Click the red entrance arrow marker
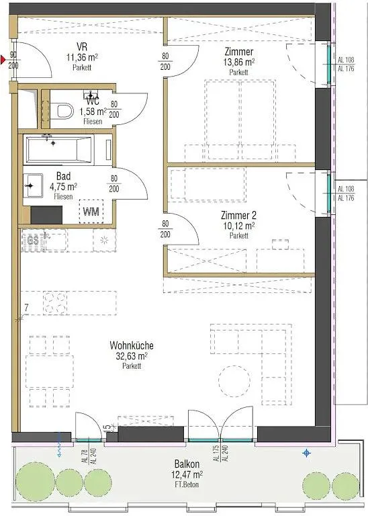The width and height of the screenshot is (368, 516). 4,60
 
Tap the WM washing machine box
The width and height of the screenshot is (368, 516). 91,212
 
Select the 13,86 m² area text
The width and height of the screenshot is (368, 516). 239,62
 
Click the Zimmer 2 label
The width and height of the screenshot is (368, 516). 239,216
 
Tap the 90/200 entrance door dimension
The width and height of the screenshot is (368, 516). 13,60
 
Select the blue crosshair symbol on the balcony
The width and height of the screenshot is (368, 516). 307,453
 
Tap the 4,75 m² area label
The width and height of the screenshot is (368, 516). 65,187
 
